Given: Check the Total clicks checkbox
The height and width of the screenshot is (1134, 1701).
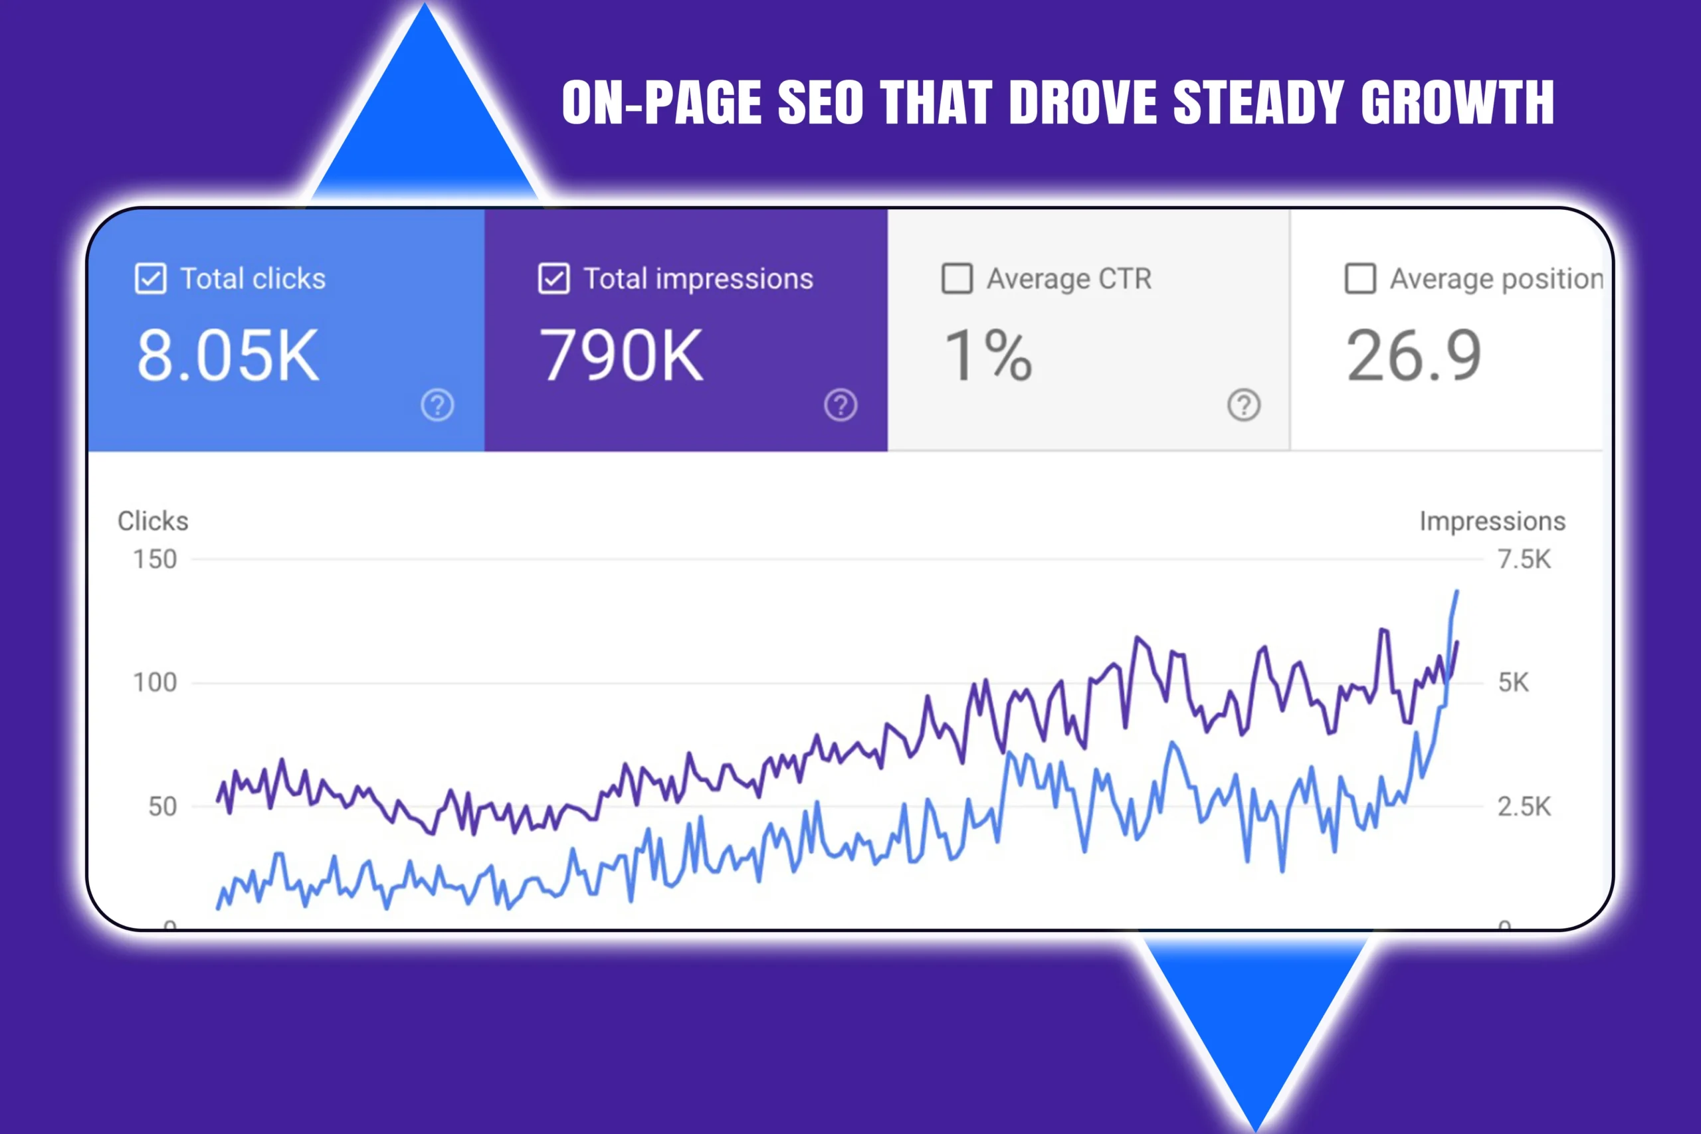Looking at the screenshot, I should [150, 278].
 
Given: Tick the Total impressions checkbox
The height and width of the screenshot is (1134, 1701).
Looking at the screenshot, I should [554, 278].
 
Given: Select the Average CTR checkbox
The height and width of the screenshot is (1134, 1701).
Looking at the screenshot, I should [957, 278].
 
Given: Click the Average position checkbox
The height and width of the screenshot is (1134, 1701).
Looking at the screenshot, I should [1359, 278].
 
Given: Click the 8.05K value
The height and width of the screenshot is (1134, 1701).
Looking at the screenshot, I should [227, 355].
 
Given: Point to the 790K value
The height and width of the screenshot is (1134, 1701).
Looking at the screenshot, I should [621, 355].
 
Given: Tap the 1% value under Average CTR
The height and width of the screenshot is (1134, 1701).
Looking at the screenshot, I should [988, 355].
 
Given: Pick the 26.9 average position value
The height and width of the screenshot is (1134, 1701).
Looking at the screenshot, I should [1413, 355].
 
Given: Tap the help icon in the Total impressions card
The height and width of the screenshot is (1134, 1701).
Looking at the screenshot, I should [841, 405].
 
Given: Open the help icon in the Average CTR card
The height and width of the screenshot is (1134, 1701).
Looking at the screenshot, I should [1244, 405].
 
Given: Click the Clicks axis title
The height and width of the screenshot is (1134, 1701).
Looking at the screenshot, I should [153, 521].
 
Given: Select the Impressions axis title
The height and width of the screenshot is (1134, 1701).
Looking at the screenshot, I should [1492, 521].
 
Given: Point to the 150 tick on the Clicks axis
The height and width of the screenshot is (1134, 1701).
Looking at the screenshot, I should [155, 559].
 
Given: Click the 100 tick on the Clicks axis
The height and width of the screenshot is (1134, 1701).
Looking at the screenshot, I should [155, 682].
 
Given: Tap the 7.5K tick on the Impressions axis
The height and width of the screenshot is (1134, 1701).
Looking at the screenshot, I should [1524, 559].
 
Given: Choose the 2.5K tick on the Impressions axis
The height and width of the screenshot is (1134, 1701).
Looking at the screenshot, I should [1524, 806].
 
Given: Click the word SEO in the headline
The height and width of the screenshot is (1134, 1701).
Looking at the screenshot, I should [820, 103].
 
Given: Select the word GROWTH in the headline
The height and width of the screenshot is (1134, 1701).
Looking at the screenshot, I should [1456, 103].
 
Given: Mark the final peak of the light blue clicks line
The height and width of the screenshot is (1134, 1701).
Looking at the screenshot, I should [1456, 592].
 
